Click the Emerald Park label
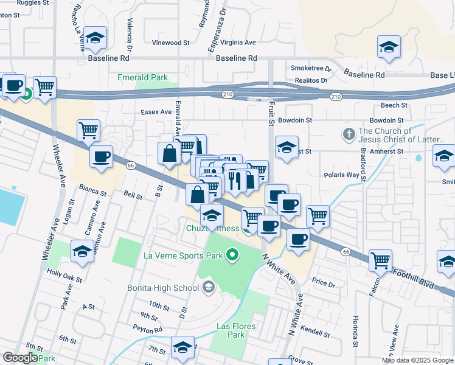click(x=142, y=78)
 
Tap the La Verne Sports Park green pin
click(x=232, y=255)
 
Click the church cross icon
click(x=349, y=134)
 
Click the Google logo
click(x=20, y=358)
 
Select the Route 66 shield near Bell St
click(x=130, y=165)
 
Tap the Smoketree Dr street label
click(x=310, y=69)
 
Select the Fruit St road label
click(x=271, y=114)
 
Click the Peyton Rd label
click(x=150, y=330)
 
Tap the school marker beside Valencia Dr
click(x=95, y=38)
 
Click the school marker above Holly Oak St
click(x=82, y=251)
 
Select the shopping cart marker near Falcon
click(x=380, y=260)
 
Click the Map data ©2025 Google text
click(x=417, y=360)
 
